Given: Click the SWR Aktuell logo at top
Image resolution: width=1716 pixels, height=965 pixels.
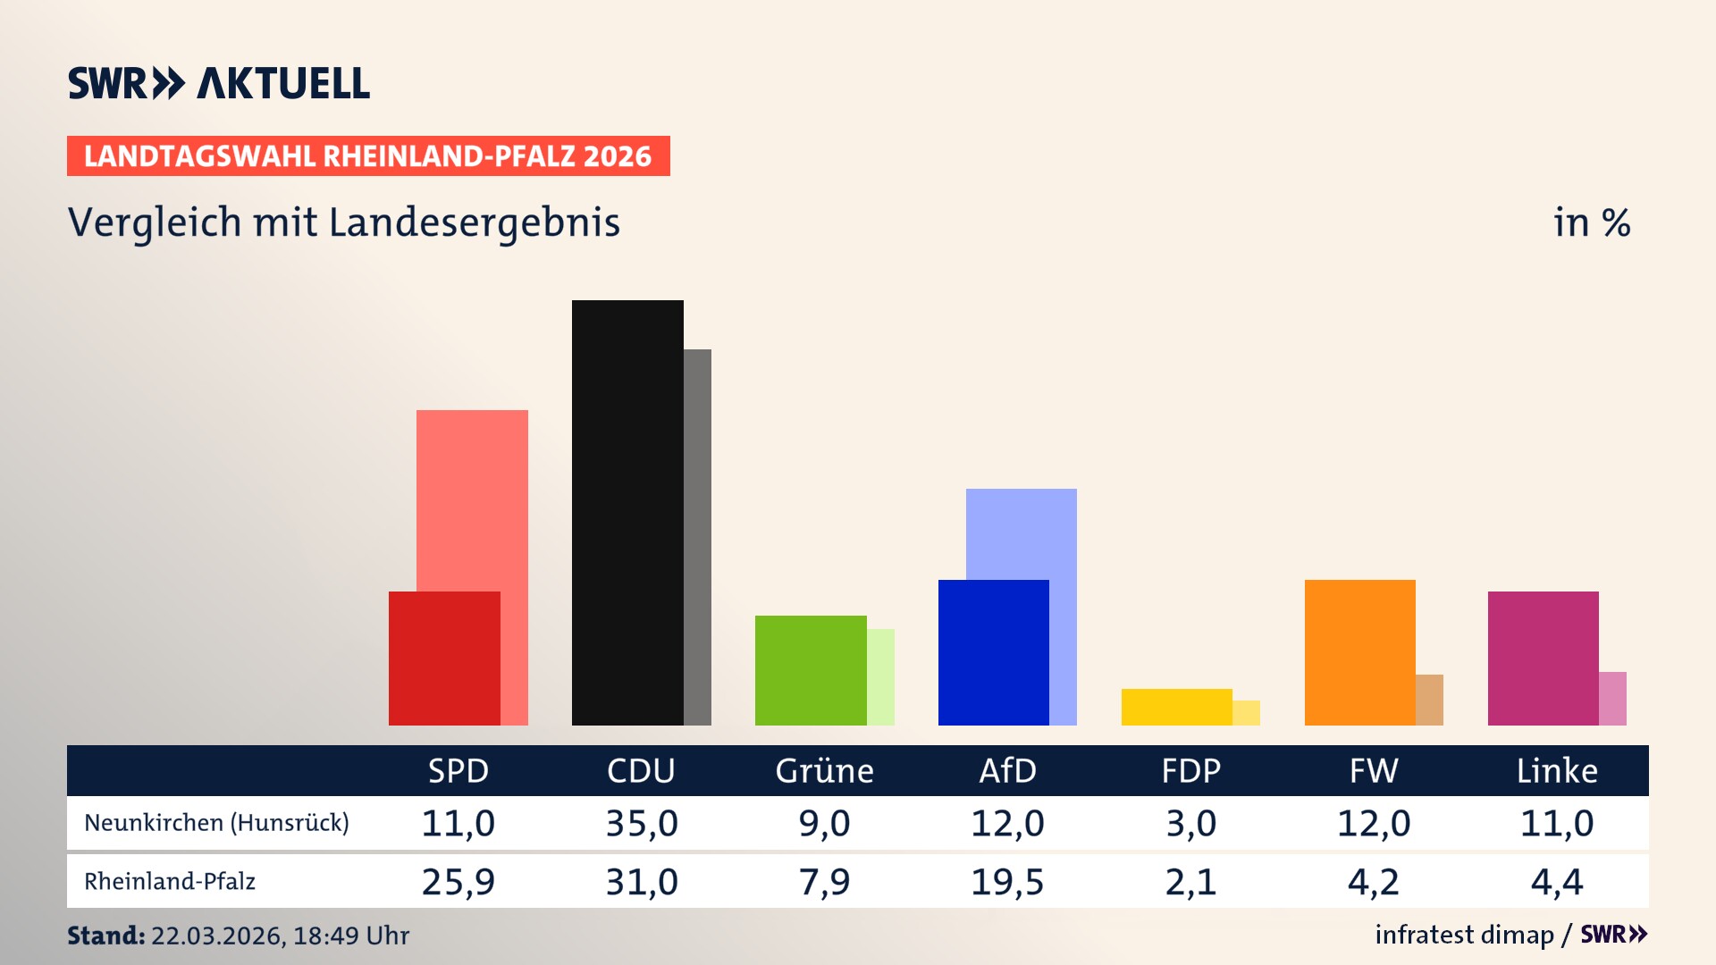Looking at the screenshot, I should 219,83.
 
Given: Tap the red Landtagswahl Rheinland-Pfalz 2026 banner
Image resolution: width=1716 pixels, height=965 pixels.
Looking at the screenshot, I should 367,156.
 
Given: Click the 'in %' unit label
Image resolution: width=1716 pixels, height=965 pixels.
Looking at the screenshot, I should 1591,222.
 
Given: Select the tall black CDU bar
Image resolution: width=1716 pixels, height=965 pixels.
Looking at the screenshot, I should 627,512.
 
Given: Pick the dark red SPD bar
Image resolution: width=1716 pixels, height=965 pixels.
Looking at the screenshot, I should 444,659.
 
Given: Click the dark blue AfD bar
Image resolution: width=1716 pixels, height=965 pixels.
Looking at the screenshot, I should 993,652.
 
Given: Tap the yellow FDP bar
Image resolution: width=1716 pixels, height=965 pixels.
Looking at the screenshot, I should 1176,707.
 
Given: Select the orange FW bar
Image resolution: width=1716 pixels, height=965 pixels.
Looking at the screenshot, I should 1359,652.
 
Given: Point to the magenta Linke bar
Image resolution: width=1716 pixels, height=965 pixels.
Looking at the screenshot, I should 1543,659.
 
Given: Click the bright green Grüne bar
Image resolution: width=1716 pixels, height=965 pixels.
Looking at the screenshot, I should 810,670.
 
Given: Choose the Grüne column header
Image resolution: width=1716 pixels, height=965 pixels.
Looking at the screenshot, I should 824,771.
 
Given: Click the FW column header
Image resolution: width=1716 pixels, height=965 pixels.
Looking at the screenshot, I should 1374,771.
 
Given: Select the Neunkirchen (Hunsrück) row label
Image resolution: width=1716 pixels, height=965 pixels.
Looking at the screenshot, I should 216,823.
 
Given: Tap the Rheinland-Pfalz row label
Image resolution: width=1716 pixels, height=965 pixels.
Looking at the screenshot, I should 170,882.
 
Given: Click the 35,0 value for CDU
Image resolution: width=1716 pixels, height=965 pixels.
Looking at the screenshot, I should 642,823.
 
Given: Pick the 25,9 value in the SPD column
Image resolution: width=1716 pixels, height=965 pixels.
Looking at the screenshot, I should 458,882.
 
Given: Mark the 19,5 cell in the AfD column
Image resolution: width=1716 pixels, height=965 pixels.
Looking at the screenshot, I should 1007,882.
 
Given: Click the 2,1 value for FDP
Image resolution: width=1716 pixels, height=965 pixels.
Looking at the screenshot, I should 1190,882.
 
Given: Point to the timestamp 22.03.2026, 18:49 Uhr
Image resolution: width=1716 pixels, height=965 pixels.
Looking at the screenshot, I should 280,936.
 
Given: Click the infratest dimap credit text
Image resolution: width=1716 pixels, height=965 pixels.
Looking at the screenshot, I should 1464,935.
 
